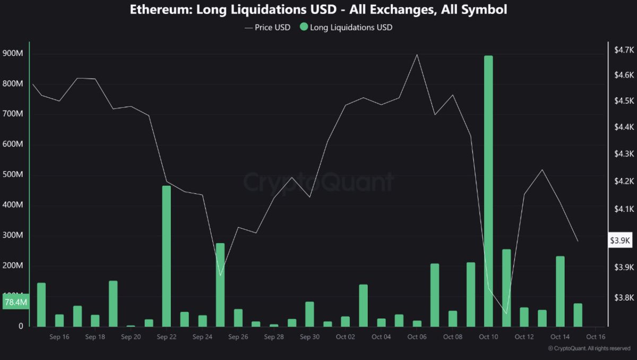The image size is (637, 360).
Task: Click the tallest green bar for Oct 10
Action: [x=488, y=191]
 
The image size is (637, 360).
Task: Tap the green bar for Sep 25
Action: [x=220, y=285]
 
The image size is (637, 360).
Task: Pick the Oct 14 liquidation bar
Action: [x=560, y=291]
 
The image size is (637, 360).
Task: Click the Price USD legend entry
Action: [x=268, y=27]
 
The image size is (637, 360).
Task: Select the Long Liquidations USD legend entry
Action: [x=346, y=27]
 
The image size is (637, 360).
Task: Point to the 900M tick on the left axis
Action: [x=13, y=54]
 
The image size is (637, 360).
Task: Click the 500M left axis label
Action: [x=13, y=175]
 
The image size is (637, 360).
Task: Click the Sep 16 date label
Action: [x=58, y=337]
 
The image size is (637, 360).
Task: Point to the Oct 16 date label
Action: [x=596, y=337]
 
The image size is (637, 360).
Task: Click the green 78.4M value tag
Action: [x=15, y=302]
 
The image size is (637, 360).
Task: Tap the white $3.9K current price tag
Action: [x=620, y=240]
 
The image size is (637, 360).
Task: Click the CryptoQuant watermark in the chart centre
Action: [x=318, y=182]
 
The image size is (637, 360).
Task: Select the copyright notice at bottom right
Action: [x=589, y=348]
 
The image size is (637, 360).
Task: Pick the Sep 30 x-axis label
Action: [x=309, y=337]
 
